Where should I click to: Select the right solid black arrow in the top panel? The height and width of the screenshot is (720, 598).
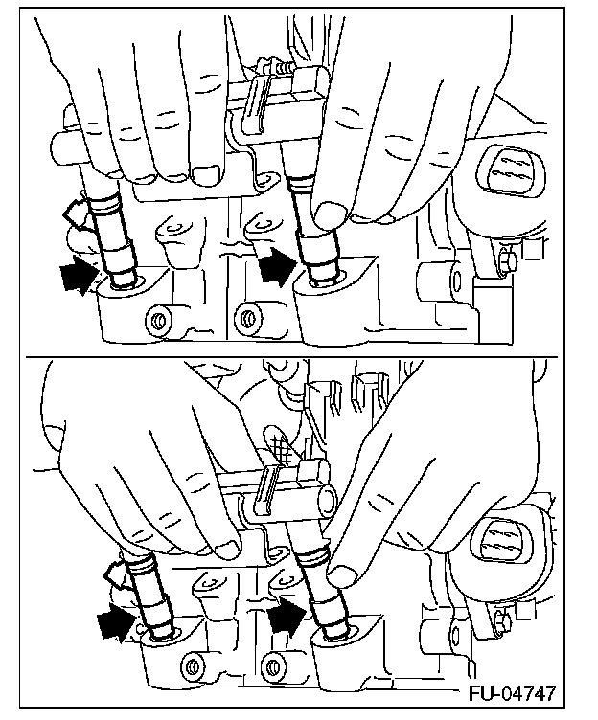(277, 265)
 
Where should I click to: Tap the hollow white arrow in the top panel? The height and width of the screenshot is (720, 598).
(74, 214)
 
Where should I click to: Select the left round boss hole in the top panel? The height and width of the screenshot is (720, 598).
(157, 320)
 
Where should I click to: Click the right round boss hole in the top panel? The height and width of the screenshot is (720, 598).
(247, 318)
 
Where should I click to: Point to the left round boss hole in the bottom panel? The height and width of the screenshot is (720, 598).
(191, 664)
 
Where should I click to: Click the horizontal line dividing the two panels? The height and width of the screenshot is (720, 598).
(291, 356)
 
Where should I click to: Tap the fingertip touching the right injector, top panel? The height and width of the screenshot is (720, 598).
(329, 214)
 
